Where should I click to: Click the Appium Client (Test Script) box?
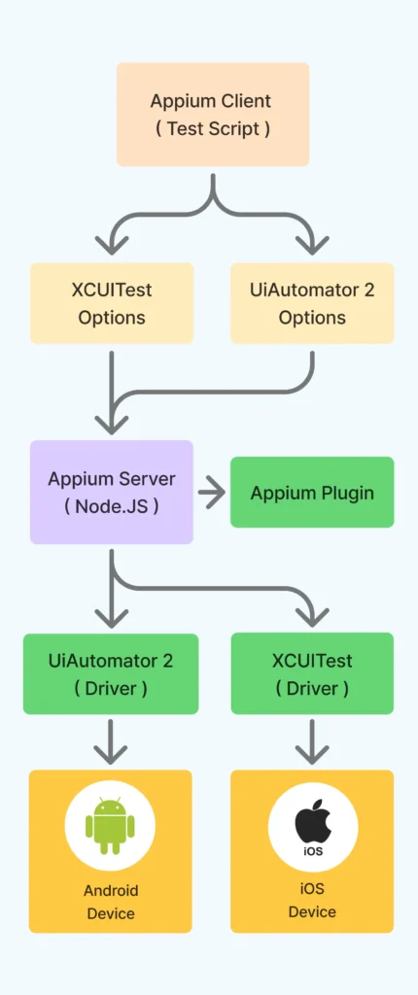[213, 115]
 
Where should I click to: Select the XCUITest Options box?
[112, 303]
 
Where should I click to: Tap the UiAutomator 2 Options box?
[312, 303]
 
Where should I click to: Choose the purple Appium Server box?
[112, 492]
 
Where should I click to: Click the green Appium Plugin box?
[312, 492]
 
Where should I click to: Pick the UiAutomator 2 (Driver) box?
[111, 674]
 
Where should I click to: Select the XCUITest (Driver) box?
[312, 674]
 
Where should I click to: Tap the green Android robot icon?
[110, 826]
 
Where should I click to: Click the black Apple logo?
[313, 820]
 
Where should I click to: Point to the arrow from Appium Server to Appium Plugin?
[212, 493]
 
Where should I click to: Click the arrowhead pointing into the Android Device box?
[111, 754]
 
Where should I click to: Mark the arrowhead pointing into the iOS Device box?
[312, 754]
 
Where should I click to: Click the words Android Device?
[111, 902]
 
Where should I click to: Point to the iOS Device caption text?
[312, 901]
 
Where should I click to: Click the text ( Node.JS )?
[112, 507]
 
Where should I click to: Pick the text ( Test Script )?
[213, 129]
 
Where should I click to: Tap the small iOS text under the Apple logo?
[313, 851]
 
